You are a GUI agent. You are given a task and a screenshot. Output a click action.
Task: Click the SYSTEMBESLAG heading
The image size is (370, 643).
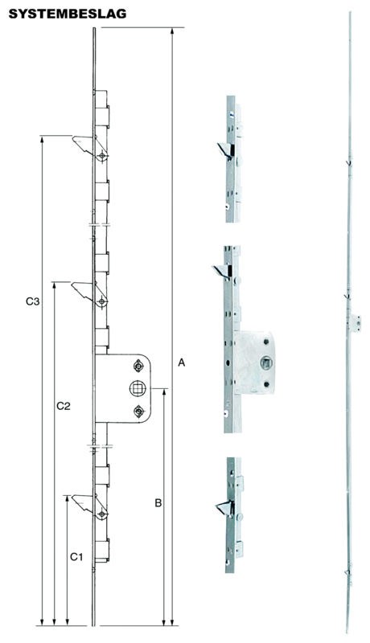pos(68,14)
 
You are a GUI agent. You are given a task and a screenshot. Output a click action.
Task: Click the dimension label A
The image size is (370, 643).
pos(182,362)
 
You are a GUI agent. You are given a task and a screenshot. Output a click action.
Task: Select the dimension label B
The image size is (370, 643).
pos(158,503)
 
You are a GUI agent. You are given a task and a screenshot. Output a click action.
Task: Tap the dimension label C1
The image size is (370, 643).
pos(76,557)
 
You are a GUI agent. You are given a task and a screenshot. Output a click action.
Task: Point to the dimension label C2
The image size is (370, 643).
pos(64,406)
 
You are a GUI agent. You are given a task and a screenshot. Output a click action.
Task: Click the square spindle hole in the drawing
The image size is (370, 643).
pos(138,388)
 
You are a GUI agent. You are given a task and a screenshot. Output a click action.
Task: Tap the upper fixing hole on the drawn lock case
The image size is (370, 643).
pos(138,366)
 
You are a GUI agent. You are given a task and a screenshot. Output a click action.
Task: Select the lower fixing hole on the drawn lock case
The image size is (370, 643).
pos(139,411)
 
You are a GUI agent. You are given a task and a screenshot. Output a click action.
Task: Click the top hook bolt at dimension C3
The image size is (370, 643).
pos(84,145)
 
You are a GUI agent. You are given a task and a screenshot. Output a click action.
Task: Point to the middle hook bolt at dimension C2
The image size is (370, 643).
pos(83,290)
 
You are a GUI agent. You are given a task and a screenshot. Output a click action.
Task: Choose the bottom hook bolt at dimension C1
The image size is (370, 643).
pos(83,504)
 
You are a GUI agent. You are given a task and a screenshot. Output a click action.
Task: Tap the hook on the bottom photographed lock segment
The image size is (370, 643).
pos(224,509)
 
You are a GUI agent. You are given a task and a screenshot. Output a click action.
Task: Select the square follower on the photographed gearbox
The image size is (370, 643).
pos(265,362)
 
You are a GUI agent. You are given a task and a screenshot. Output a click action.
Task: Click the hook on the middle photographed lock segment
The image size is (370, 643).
pos(220,272)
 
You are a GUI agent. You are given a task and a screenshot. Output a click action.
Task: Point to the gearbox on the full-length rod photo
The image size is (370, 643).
pos(356,323)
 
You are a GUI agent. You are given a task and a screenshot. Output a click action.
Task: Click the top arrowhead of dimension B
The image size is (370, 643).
pos(164,393)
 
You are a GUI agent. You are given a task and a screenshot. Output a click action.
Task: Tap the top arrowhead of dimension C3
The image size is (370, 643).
pos(42,140)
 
